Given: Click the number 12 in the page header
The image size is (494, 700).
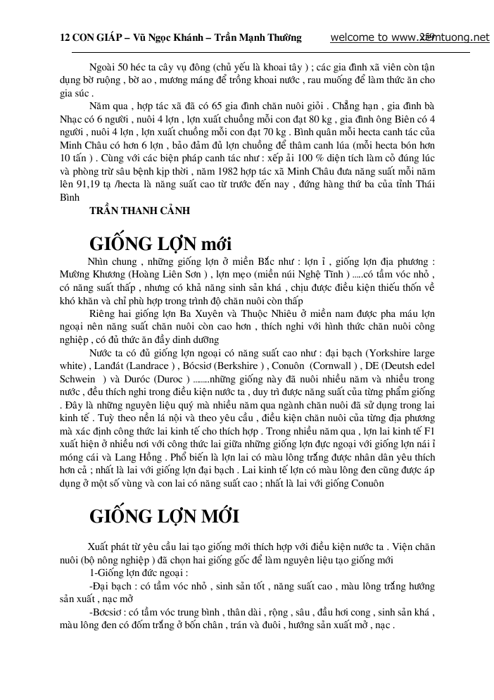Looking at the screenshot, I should click(x=65, y=37).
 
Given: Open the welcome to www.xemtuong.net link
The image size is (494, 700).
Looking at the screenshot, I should click(x=410, y=37).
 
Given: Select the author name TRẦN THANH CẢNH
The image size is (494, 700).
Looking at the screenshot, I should click(x=140, y=211).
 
